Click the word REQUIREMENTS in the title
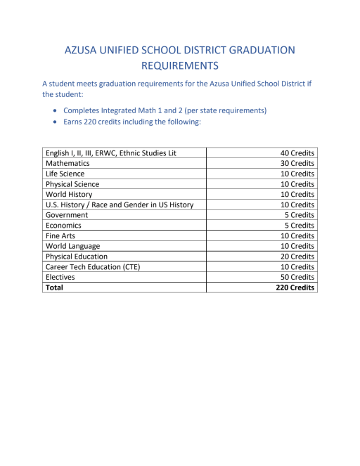pyautogui.click(x=179, y=66)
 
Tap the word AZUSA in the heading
pyautogui.click(x=83, y=50)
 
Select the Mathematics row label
pyautogui.click(x=67, y=163)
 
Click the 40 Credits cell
pyautogui.click(x=297, y=153)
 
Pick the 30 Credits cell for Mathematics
pyautogui.click(x=297, y=163)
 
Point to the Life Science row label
pyautogui.click(x=65, y=174)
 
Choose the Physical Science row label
pyautogui.click(x=72, y=184)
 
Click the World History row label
pyautogui.click(x=69, y=194)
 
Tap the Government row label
pyautogui.click(x=67, y=215)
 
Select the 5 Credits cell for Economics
pyautogui.click(x=300, y=226)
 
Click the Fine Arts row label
pyautogui.click(x=60, y=236)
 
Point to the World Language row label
pyautogui.click(x=72, y=246)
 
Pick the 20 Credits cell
pyautogui.click(x=297, y=257)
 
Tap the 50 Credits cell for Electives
pyautogui.click(x=297, y=278)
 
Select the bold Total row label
pyautogui.click(x=54, y=287)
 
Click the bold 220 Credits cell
pyautogui.click(x=295, y=287)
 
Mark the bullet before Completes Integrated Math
pyautogui.click(x=56, y=111)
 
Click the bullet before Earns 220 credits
pyautogui.click(x=56, y=122)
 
